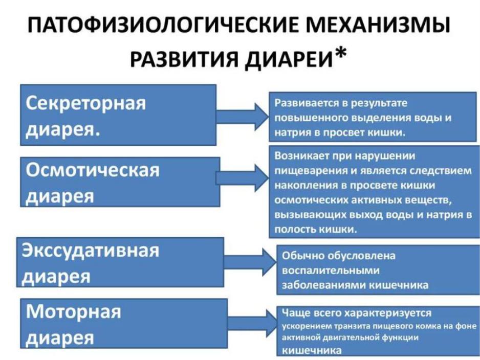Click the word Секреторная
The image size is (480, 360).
tap(86, 103)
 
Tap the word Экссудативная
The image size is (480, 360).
tap(90, 250)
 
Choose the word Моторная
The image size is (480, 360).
tap(74, 311)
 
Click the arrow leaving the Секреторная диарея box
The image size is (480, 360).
tap(243, 117)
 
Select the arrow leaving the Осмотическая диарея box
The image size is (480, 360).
tap(243, 178)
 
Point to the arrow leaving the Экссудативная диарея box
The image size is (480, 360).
tap(250, 262)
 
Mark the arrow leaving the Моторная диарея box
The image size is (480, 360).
tap(252, 323)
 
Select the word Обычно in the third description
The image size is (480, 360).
tap(301, 256)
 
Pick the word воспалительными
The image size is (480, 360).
tap(330, 271)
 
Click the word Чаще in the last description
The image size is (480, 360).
tap(293, 313)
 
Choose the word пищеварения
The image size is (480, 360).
tap(311, 171)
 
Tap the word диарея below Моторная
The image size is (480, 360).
tap(60, 338)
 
